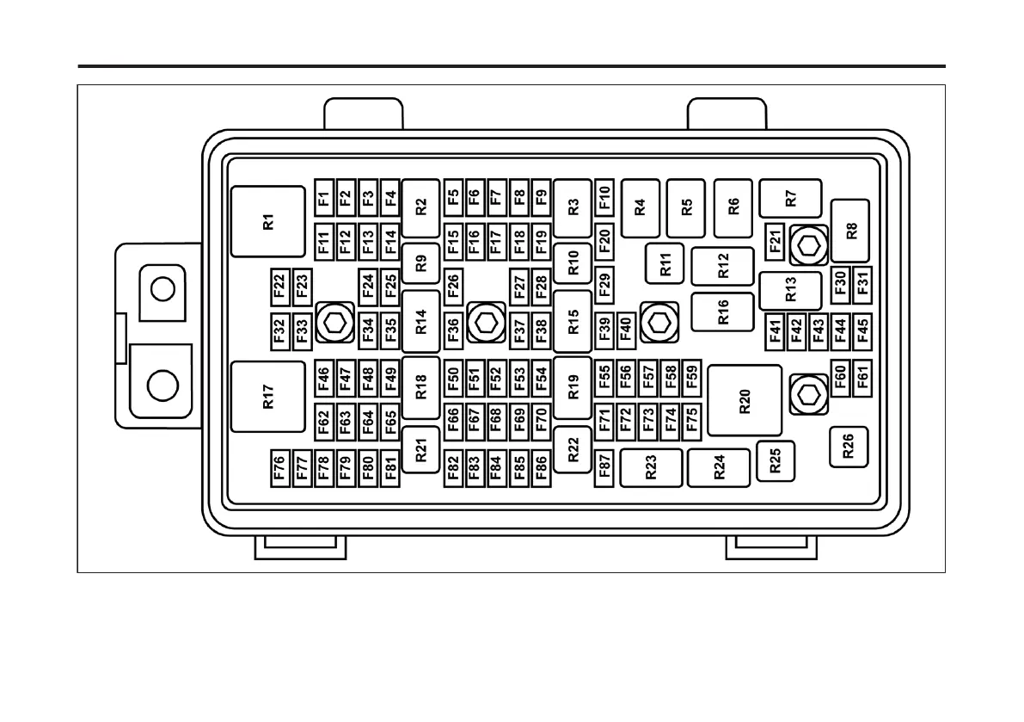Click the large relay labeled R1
(x=268, y=221)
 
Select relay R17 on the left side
(x=268, y=397)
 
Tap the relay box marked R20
(x=745, y=401)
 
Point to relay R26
(x=849, y=447)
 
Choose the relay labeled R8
(x=851, y=231)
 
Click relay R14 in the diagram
(x=420, y=322)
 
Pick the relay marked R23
(x=651, y=467)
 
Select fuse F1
(x=323, y=200)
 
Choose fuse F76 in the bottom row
(x=279, y=467)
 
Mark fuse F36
(x=453, y=328)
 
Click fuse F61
(x=862, y=375)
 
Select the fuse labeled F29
(x=604, y=284)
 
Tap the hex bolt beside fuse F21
(x=807, y=246)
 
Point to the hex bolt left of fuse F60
(x=807, y=394)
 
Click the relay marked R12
(x=723, y=267)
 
